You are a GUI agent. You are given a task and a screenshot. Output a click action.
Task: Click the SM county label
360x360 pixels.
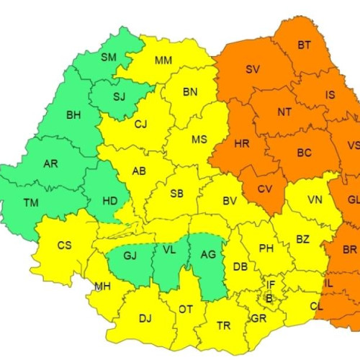(109, 57)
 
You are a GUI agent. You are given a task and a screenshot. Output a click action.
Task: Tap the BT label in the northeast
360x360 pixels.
(305, 45)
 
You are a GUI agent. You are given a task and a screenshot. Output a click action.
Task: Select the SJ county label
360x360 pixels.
(120, 96)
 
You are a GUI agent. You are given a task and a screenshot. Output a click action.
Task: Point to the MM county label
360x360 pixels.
(163, 60)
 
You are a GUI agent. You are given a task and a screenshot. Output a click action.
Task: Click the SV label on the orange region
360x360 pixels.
(253, 70)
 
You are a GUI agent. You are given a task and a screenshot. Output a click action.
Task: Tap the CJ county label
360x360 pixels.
(140, 125)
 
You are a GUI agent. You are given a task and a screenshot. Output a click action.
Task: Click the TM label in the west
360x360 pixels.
(31, 203)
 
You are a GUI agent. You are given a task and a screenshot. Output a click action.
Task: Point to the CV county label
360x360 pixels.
(264, 189)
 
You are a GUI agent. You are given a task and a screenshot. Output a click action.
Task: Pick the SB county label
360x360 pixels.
(176, 194)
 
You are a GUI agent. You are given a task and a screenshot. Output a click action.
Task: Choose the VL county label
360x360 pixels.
(168, 249)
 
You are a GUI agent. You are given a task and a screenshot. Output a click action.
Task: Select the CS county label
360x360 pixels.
(65, 246)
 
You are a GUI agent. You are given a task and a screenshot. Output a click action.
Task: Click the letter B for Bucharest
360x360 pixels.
(269, 297)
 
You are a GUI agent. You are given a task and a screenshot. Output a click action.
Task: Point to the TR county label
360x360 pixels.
(224, 326)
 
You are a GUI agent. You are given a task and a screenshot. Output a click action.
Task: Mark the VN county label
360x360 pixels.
(315, 199)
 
